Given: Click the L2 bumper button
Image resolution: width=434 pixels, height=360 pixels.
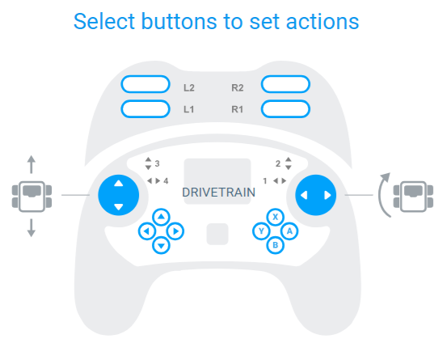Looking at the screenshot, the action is tap(145, 84).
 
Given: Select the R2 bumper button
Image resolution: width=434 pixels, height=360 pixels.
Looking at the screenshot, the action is tap(285, 84).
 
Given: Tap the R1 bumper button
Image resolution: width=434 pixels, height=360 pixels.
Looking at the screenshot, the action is tap(285, 109).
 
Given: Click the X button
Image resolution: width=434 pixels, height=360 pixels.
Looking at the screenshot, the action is tap(275, 217).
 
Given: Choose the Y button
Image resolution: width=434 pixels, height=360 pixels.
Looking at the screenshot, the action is tap(261, 231).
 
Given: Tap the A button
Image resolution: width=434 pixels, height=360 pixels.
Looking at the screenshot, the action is tap(289, 231).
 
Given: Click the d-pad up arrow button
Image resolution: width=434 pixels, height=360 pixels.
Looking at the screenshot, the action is tap(161, 217).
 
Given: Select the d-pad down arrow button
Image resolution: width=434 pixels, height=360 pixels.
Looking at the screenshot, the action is tap(161, 245).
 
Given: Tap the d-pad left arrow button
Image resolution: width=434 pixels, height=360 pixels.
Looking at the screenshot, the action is tap(147, 231).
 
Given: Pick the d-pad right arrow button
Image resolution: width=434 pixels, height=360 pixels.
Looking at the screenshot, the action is tap(175, 231).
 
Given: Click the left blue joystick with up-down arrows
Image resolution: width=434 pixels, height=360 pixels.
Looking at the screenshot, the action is tap(119, 195).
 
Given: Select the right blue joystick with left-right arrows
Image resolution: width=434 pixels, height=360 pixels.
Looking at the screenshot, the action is tap(316, 195).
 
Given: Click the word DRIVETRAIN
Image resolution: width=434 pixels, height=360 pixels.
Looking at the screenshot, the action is tap(219, 193).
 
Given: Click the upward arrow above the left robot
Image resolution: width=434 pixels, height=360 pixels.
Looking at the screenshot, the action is tap(32, 164).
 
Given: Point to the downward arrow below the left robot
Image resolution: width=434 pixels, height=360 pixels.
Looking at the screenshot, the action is tap(32, 228).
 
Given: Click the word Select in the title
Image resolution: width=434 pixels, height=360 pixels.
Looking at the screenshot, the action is tap(103, 21).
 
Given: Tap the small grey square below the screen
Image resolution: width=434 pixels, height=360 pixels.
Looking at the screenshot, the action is tap(217, 234).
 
